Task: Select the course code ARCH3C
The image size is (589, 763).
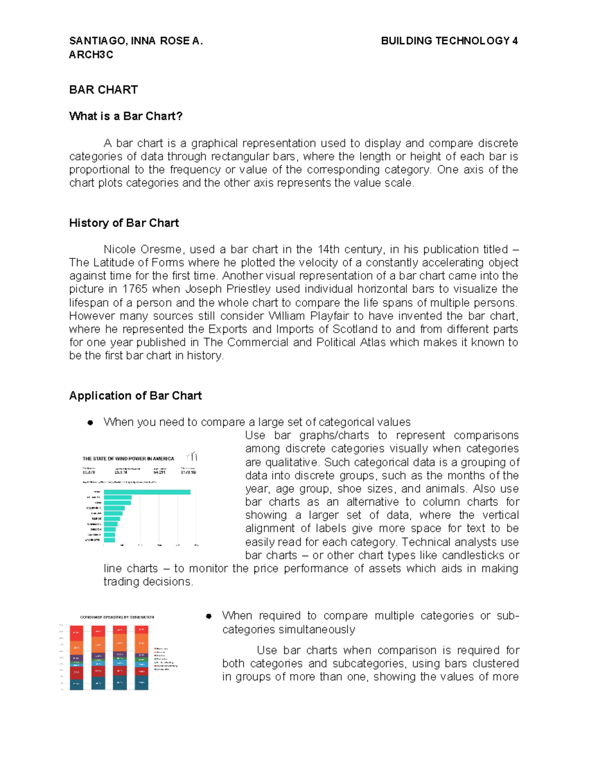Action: (91, 55)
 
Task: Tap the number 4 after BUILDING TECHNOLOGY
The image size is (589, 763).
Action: (515, 41)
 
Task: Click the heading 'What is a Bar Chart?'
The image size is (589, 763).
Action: (126, 116)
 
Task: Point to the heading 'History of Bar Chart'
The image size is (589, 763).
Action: (124, 223)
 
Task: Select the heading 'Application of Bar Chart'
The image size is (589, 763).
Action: (135, 396)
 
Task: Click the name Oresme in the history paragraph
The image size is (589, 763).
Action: (161, 250)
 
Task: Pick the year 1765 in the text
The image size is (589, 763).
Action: (135, 289)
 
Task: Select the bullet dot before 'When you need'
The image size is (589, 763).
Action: (90, 423)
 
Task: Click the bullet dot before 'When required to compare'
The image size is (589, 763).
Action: (209, 616)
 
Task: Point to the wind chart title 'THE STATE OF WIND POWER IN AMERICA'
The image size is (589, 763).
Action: (128, 459)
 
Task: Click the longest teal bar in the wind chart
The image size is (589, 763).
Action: (147, 492)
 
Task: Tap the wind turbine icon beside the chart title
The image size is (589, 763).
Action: (192, 456)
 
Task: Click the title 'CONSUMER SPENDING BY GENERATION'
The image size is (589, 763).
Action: (117, 617)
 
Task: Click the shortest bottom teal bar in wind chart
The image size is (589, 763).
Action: (109, 540)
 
